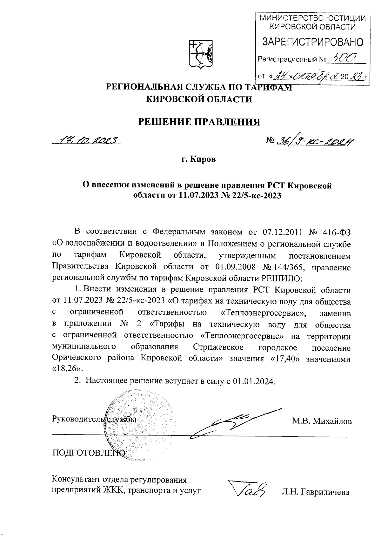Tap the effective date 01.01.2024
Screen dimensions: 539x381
[x=253, y=381]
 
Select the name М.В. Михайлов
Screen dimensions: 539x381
[x=322, y=421]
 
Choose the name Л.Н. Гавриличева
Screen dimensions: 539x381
[x=315, y=492]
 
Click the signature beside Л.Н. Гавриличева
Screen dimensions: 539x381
[x=249, y=491]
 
